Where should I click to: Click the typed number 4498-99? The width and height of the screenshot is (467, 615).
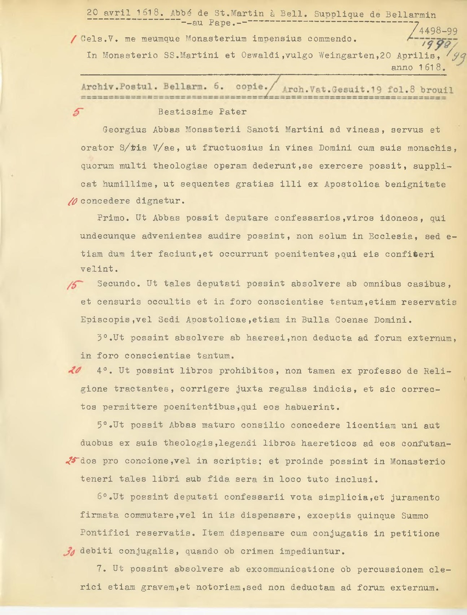pos(438,31)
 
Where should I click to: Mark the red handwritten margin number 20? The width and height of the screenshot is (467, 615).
pos(74,371)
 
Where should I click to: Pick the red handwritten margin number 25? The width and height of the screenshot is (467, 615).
pos(72,461)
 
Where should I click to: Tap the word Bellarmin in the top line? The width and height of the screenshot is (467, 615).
pos(410,14)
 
